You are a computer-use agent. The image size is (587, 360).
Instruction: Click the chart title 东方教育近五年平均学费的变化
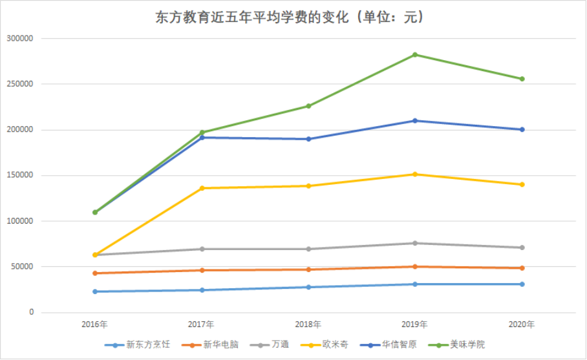tap(290, 17)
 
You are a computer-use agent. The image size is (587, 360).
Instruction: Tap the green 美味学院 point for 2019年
tap(415, 54)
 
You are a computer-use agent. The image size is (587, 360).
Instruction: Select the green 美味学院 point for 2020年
tap(522, 79)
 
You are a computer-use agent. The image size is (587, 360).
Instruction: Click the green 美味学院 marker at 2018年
tap(308, 106)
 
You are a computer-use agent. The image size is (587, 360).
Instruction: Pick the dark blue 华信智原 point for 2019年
tap(415, 121)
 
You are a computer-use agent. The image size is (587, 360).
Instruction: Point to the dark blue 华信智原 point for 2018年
tap(308, 139)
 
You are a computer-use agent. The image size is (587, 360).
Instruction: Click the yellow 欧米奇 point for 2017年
tap(202, 188)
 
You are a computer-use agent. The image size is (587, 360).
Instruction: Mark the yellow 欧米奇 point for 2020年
tap(522, 185)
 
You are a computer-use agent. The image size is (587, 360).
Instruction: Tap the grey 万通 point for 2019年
tap(415, 243)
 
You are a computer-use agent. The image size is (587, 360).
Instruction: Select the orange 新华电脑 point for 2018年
tap(308, 270)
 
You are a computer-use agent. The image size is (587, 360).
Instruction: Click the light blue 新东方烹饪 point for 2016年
tap(95, 291)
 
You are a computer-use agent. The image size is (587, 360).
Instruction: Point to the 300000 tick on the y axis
tap(19, 39)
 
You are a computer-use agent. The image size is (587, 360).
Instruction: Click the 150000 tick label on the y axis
tap(19, 176)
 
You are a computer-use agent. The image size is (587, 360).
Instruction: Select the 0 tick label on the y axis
tap(30, 313)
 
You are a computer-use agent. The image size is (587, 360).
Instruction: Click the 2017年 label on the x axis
tap(202, 324)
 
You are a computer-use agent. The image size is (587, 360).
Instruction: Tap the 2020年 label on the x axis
tap(522, 324)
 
